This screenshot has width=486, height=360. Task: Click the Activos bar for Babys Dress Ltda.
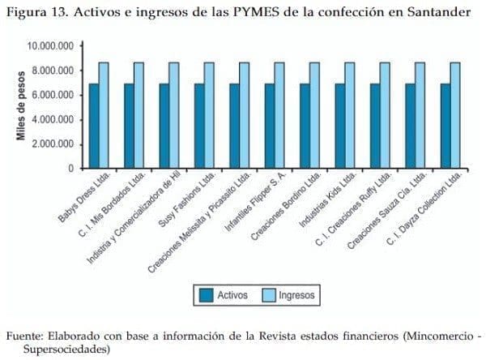point(94,126)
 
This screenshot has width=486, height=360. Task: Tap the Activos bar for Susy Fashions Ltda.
point(199,126)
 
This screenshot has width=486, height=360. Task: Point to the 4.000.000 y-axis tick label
point(53,120)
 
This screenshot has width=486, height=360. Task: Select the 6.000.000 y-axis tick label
point(53,96)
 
